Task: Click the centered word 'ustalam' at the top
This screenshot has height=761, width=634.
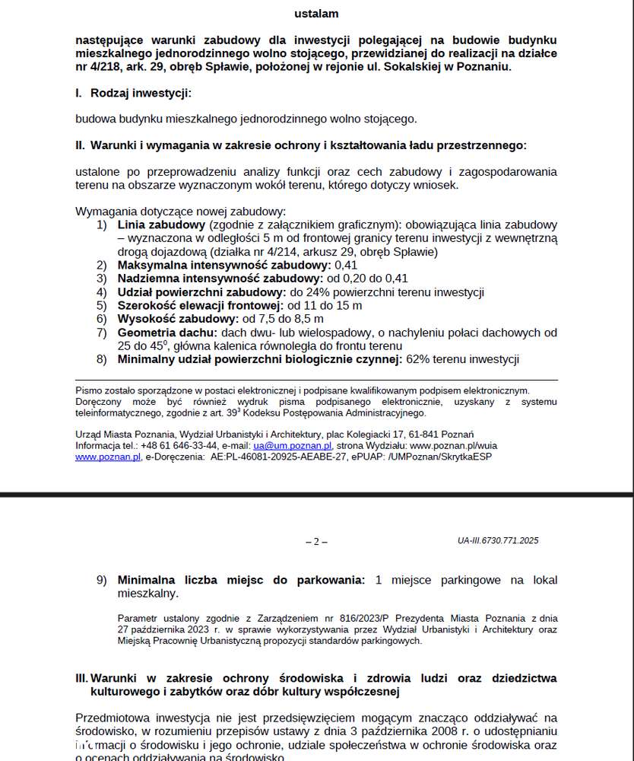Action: [316, 14]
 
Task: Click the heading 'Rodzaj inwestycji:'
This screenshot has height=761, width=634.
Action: [141, 93]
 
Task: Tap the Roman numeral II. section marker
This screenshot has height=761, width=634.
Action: [80, 145]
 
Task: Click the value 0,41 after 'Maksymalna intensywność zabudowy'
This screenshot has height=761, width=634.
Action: [346, 265]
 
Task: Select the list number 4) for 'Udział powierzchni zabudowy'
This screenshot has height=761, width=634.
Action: [102, 292]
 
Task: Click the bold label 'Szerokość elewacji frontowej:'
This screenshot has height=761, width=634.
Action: [200, 306]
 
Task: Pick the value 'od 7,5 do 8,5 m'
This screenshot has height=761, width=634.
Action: [283, 319]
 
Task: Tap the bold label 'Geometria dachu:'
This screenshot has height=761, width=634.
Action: [167, 333]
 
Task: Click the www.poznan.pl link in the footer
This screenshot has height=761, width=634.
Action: [108, 457]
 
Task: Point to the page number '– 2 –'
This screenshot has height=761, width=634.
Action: [316, 542]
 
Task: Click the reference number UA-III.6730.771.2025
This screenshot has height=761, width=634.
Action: [498, 541]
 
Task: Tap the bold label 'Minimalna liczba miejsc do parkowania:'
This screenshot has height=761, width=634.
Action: [241, 580]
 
